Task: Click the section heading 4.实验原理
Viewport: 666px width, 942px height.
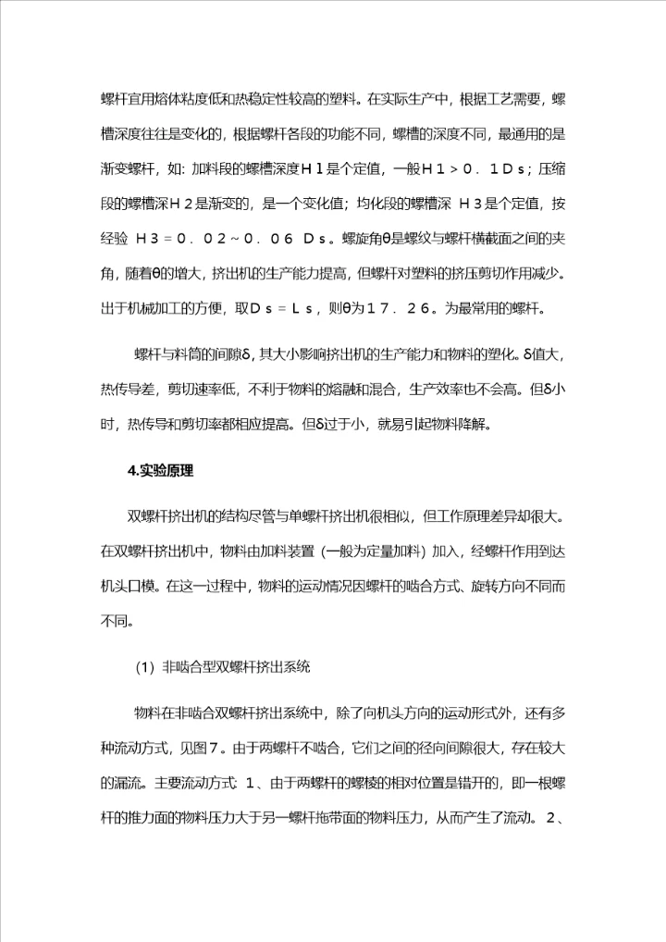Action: [160, 471]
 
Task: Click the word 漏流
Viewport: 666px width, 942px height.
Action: [124, 757]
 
